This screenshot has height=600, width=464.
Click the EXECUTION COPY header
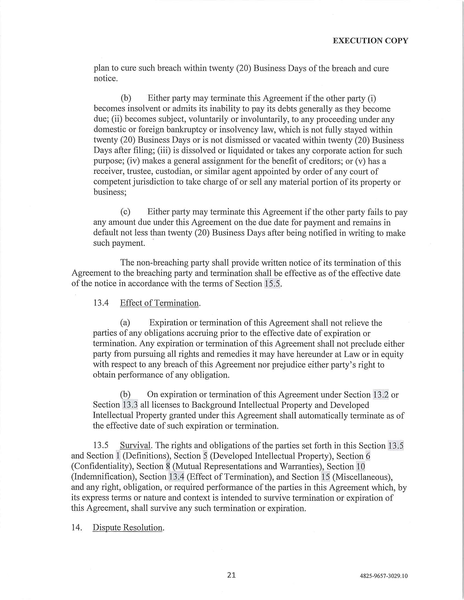(370, 41)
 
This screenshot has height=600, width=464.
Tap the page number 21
(231, 575)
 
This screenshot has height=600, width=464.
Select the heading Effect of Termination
(159, 303)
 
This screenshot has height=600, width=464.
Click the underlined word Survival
(135, 445)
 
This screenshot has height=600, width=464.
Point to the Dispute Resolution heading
(127, 527)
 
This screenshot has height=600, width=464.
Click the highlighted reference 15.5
(272, 284)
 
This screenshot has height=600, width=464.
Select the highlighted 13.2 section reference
(380, 395)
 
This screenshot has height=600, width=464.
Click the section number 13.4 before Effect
(101, 303)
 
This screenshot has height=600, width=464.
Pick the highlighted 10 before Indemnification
(360, 466)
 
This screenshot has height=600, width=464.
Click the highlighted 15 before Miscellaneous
(325, 477)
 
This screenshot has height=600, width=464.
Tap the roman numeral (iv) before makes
(135, 161)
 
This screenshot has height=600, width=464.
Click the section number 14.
(77, 527)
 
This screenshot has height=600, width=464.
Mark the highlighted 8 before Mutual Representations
(168, 466)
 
